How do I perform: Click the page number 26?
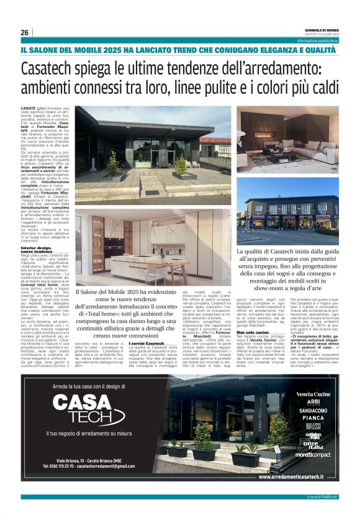click(x=24, y=32)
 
